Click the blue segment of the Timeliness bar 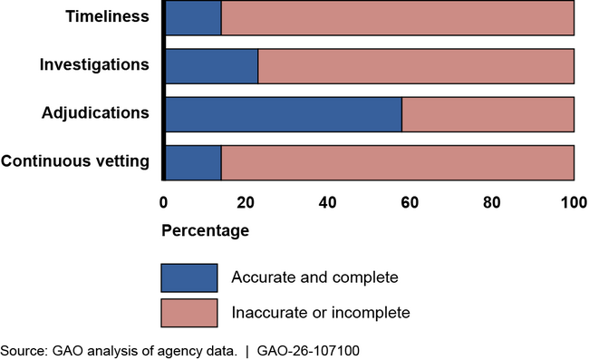tap(192, 17)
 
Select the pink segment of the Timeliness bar tap(397, 17)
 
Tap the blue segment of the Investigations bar tap(210, 66)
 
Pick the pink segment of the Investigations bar tap(416, 66)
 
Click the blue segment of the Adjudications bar tap(283, 114)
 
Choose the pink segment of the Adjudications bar tap(488, 114)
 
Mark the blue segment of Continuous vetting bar tap(192, 162)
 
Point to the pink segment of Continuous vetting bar tap(397, 162)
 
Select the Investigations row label tap(94, 65)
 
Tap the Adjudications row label tap(95, 113)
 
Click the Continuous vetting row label tap(75, 162)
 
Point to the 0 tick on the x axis tap(163, 200)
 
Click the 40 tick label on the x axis tap(327, 200)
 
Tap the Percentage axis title tap(205, 231)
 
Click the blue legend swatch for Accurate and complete tap(189, 277)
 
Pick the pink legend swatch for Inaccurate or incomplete tap(189, 313)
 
